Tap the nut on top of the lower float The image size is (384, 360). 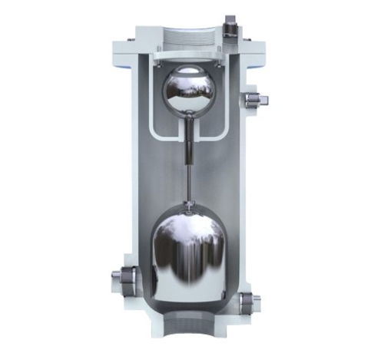[x=188, y=206]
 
